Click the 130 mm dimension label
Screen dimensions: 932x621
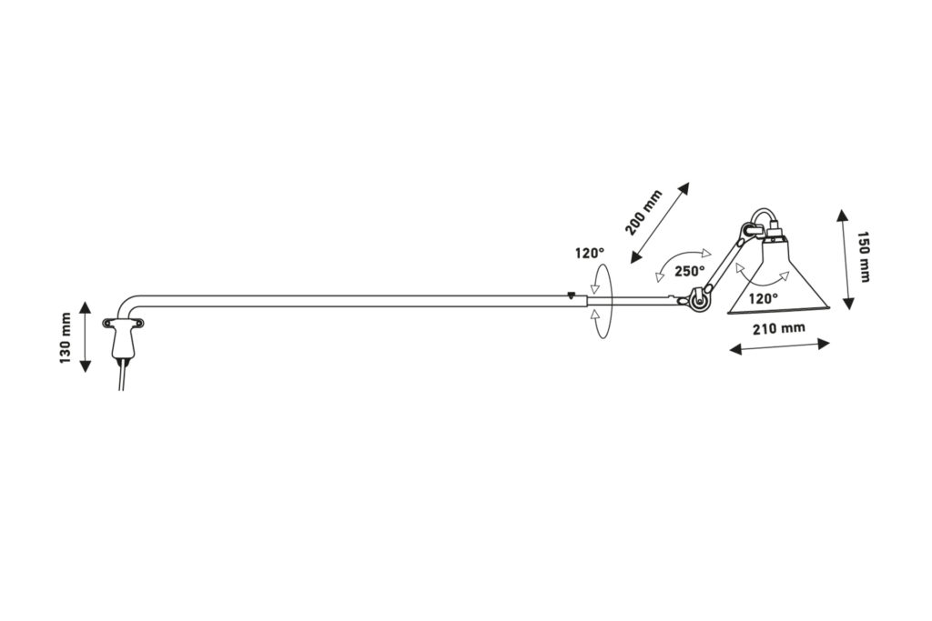tap(66, 338)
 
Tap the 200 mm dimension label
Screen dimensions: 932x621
tap(643, 212)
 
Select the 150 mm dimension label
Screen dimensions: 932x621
tap(863, 256)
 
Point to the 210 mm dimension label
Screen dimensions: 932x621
tap(779, 327)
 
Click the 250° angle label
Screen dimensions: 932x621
tap(689, 271)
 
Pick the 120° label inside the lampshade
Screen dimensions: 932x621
tap(764, 298)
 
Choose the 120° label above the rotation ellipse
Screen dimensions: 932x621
tap(589, 254)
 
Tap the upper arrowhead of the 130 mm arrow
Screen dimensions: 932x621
tap(85, 307)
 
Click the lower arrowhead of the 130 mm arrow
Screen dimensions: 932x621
tap(85, 366)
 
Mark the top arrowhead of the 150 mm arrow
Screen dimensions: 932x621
tap(842, 215)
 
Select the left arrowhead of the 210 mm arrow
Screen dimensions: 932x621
tap(735, 350)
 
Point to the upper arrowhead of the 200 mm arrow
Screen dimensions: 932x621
tap(684, 188)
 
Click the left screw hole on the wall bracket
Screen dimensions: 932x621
tap(107, 323)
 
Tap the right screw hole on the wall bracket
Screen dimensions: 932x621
tap(140, 323)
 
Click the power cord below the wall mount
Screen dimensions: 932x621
tap(123, 374)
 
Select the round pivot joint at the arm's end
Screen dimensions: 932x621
tap(698, 299)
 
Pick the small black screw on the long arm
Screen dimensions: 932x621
tap(572, 294)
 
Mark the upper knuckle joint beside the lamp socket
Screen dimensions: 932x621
tap(746, 232)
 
